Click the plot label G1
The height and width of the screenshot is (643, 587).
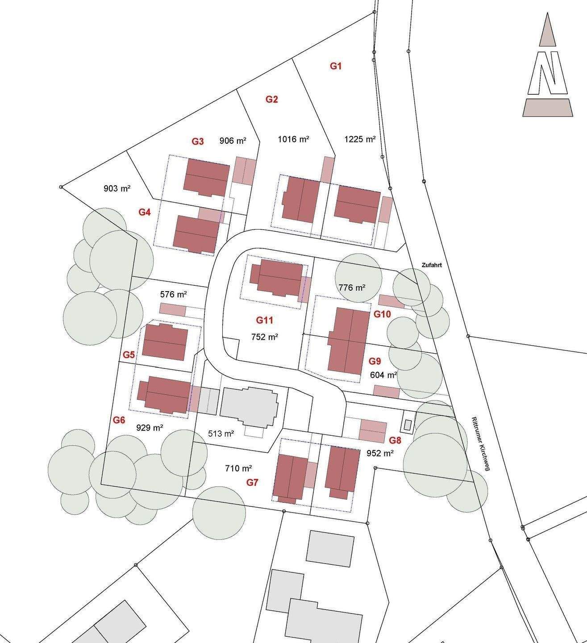point(336,66)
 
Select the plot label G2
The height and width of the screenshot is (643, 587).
point(272,99)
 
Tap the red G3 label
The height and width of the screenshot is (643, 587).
point(198,142)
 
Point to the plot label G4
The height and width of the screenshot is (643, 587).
point(144,212)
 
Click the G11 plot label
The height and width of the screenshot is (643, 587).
point(264,320)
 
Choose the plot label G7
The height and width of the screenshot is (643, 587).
point(253,482)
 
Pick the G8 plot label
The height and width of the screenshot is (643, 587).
point(395,440)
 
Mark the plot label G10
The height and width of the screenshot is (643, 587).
point(382,314)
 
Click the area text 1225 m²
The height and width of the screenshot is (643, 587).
point(360,139)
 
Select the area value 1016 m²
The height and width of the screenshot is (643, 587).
point(294,139)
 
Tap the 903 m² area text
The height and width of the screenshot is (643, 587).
point(117,188)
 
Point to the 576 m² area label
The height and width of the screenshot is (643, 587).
point(173,295)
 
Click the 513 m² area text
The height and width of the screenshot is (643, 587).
point(221,434)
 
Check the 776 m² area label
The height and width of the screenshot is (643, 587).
point(352,288)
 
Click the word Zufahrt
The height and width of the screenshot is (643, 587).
point(432,265)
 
